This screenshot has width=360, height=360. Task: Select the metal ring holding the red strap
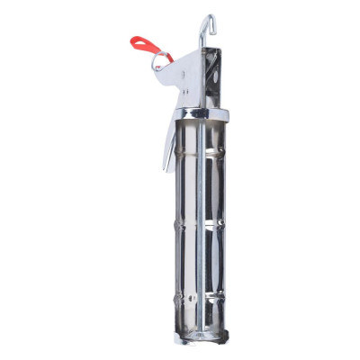click(x=159, y=60)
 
